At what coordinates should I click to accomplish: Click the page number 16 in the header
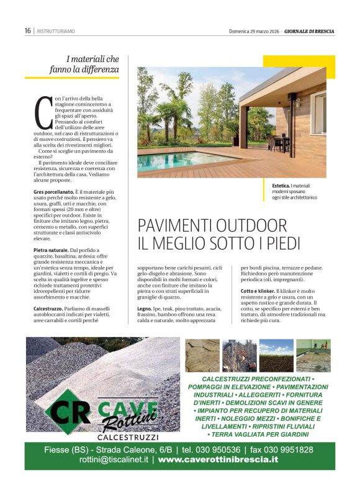click(x=28, y=30)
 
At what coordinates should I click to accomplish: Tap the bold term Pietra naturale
click(x=51, y=250)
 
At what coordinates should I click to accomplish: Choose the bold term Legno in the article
click(x=144, y=308)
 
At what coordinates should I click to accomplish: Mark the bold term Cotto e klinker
click(x=257, y=291)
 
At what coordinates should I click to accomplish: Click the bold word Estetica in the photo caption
click(x=281, y=186)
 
